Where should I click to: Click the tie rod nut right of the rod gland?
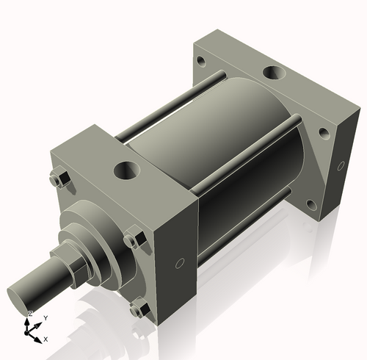tap(132, 240)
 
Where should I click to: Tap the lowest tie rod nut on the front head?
tap(137, 309)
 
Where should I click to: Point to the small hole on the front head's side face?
tap(179, 262)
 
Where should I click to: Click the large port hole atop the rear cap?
tap(273, 73)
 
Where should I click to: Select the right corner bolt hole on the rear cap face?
tap(323, 134)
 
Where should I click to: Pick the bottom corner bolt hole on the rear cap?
tap(311, 206)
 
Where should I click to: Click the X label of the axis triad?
tap(46, 339)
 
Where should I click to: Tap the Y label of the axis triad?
tap(45, 317)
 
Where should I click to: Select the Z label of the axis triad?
tap(29, 314)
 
